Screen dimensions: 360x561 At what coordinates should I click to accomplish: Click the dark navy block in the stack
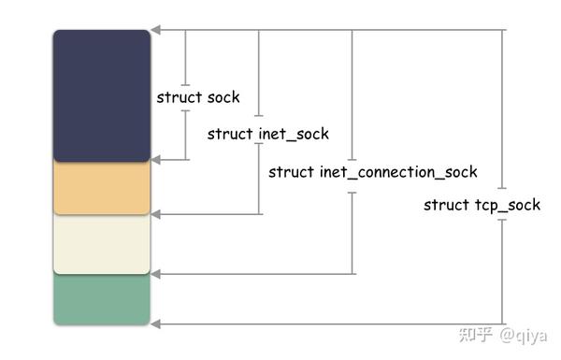[101, 96]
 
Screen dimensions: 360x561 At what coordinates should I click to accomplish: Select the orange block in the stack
[101, 188]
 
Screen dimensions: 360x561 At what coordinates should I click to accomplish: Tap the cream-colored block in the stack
[101, 243]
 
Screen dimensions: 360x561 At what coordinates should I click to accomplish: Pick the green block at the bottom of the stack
[101, 299]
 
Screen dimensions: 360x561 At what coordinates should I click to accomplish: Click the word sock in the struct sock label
[223, 98]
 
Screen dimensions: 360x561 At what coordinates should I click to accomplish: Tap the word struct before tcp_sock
[445, 206]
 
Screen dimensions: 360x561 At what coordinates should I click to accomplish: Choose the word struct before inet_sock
[229, 135]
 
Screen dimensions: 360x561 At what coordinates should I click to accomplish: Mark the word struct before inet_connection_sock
[291, 172]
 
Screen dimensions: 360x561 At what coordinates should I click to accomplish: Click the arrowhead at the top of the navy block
[156, 31]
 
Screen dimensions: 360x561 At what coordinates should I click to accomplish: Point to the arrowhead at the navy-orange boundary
[156, 160]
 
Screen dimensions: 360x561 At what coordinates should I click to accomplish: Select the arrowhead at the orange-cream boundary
[156, 214]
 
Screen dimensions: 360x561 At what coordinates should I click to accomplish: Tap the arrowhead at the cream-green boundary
[156, 274]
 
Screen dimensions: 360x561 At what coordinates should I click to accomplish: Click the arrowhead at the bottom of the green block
[156, 324]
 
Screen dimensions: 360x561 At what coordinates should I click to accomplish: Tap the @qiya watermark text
[523, 335]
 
